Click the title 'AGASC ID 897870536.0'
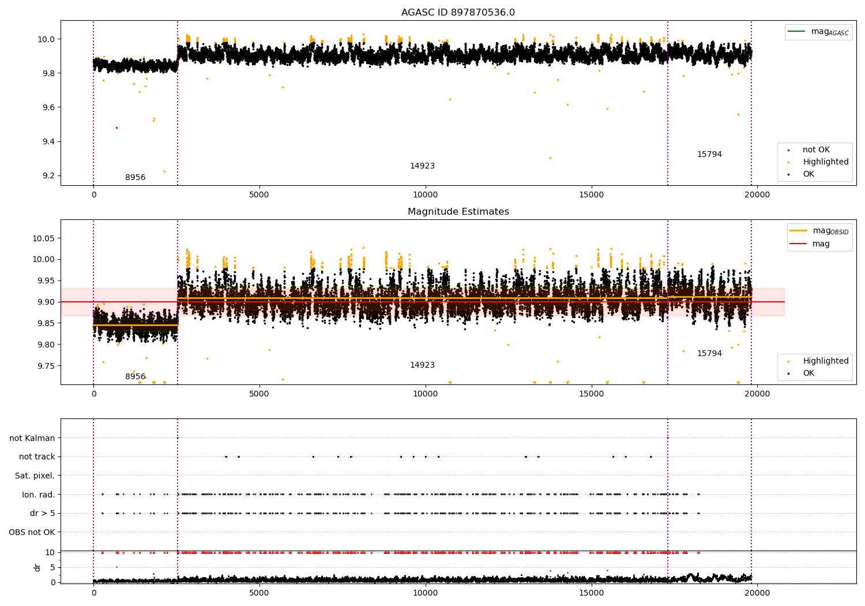coord(458,13)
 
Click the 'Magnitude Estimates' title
coord(458,212)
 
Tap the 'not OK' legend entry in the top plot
coord(816,150)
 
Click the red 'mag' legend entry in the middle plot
coord(821,244)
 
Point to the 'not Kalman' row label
coord(32,438)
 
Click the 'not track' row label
coord(37,457)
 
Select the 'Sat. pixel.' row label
coord(35,476)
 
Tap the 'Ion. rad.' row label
coord(38,495)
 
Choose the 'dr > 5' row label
coord(42,513)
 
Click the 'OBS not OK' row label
coord(32,532)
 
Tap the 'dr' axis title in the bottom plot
coord(37,567)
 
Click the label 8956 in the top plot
coord(135,178)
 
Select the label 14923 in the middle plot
coord(422,365)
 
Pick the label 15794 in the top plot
coord(709,155)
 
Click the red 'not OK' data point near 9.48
coord(116,128)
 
